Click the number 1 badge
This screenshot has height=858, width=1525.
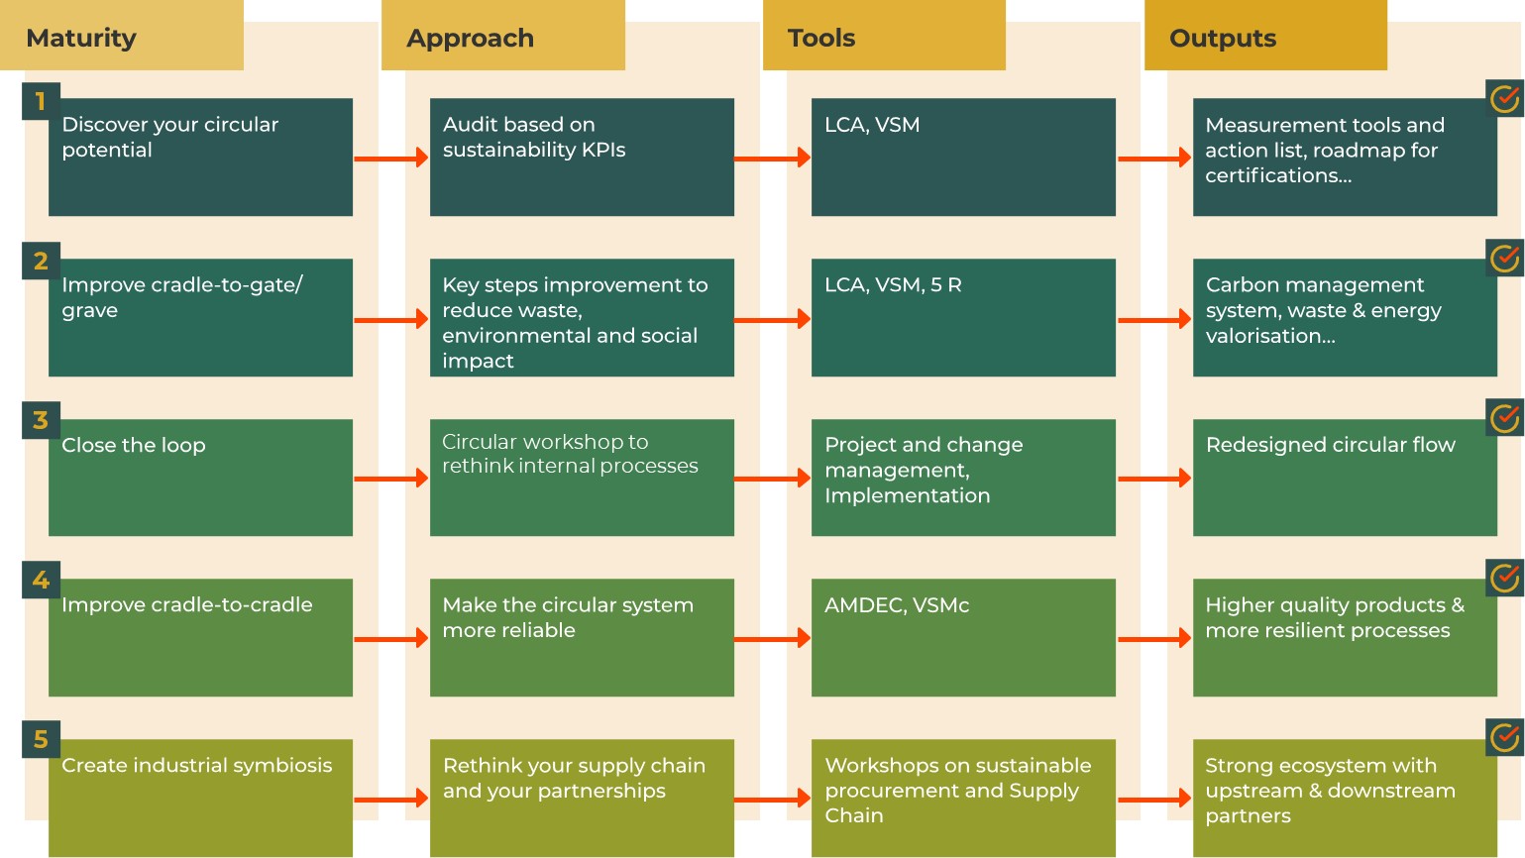41,101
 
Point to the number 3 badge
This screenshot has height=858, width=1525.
41,420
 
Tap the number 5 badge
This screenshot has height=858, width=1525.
41,739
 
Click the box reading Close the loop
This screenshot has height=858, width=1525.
200,478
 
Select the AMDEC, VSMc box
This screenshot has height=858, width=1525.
963,637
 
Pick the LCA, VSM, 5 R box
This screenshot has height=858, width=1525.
963,317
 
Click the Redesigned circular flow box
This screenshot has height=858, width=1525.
1345,478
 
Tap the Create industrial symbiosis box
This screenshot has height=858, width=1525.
200,798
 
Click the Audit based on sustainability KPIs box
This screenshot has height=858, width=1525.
582,157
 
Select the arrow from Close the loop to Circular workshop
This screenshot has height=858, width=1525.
390,479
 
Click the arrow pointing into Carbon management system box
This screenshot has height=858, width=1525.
1154,319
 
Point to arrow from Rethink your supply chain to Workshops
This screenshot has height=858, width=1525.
772,799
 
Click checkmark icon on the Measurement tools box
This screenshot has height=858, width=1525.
1505,98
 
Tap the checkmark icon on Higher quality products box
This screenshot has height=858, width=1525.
1505,577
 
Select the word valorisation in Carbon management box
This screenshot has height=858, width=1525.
1269,336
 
